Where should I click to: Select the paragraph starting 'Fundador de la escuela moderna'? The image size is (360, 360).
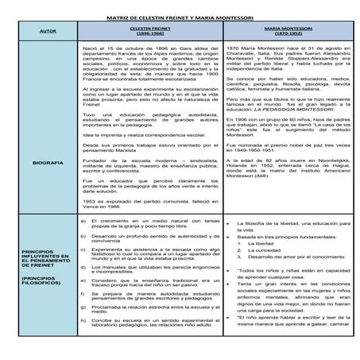click(147, 164)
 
